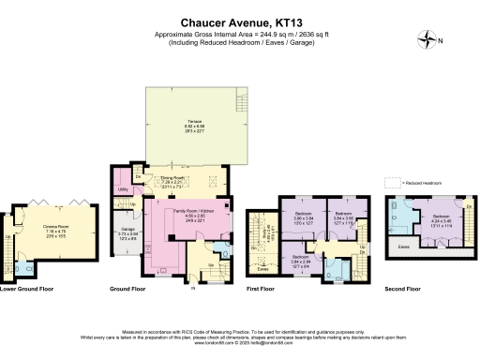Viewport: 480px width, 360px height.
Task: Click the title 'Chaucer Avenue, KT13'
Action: (x=240, y=20)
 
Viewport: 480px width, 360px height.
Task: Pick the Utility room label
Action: (x=123, y=189)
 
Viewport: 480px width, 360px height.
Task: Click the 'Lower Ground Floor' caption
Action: (x=24, y=289)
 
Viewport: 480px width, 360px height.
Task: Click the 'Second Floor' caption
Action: (x=404, y=289)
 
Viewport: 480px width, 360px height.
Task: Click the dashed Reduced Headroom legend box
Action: (x=391, y=182)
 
